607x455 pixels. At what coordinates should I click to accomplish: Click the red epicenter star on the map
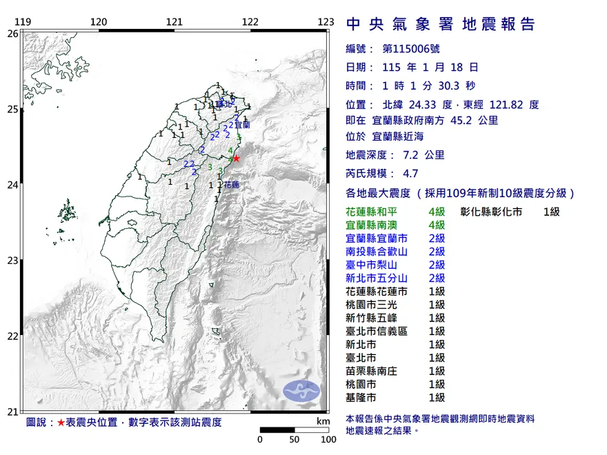pyautogui.click(x=237, y=159)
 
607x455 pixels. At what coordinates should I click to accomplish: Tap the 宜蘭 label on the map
pyautogui.click(x=242, y=125)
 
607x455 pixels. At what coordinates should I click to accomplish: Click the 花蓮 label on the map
pyautogui.click(x=231, y=185)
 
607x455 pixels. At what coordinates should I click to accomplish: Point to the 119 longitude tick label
pyautogui.click(x=23, y=22)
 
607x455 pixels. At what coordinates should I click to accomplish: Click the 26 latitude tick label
pyautogui.click(x=12, y=33)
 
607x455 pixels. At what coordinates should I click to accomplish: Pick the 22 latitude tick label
pyautogui.click(x=12, y=336)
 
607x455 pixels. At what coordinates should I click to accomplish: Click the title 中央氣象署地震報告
pyautogui.click(x=440, y=25)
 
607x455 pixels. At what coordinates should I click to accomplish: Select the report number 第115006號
pyautogui.click(x=410, y=49)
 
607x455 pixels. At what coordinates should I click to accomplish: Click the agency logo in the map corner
pyautogui.click(x=302, y=390)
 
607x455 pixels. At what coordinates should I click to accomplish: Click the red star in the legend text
pyautogui.click(x=61, y=422)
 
